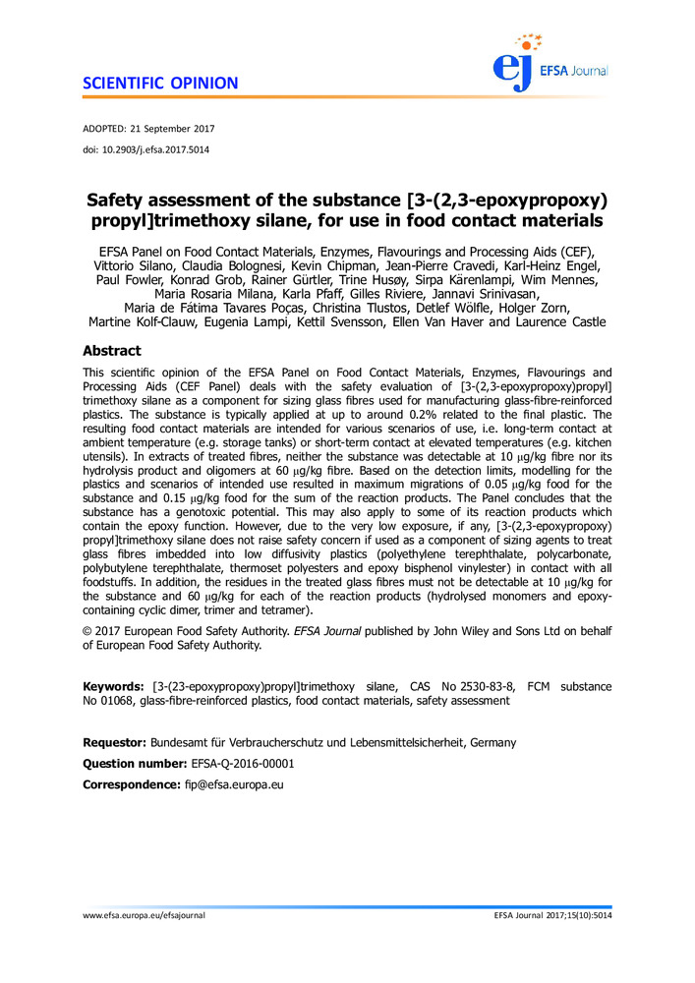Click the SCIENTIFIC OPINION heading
[160, 83]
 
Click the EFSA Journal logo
[550, 61]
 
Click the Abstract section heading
[112, 351]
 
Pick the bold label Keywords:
[115, 685]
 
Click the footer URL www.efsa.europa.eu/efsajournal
[144, 915]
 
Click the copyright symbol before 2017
[87, 632]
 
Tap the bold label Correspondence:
[129, 784]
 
